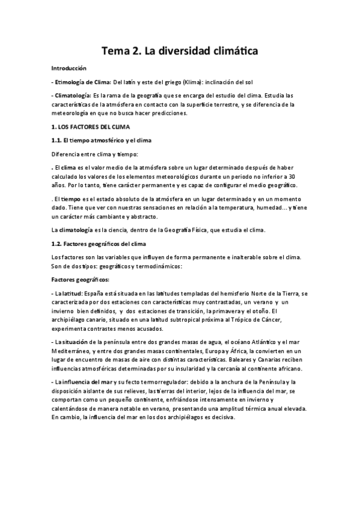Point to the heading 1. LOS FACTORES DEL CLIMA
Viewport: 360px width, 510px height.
click(x=94, y=127)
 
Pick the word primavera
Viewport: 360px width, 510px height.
click(x=234, y=311)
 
